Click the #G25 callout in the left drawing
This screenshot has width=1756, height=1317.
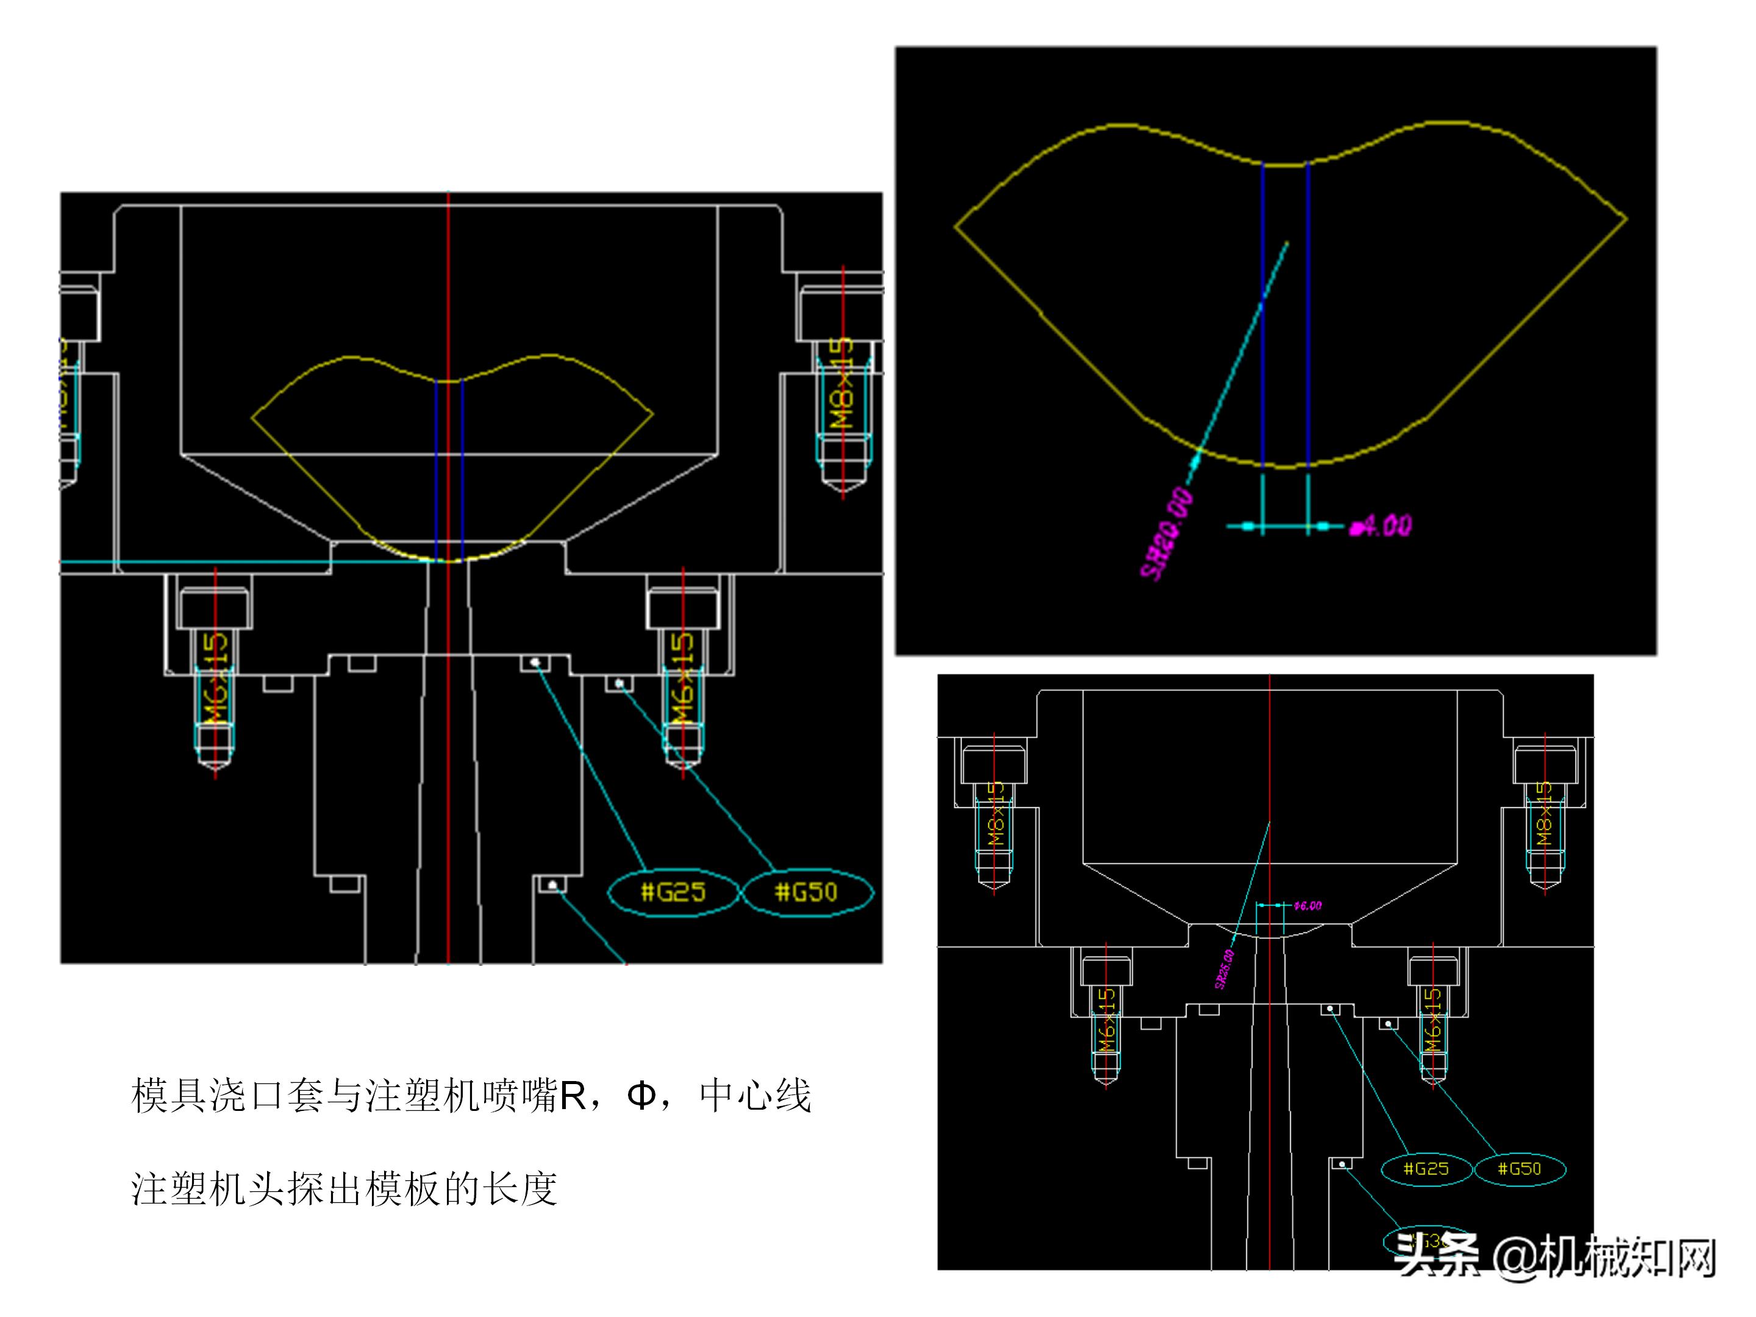(x=673, y=892)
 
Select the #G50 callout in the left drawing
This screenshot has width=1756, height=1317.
(x=806, y=892)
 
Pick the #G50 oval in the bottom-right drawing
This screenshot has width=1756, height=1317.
(x=1519, y=1169)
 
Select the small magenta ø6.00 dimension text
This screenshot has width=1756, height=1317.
(x=1307, y=906)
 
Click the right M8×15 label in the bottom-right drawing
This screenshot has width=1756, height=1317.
(x=1543, y=814)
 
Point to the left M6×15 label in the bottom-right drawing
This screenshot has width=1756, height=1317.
(x=1107, y=1020)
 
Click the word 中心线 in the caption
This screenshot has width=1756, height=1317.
(x=755, y=1096)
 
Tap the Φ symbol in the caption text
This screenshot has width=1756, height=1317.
(x=641, y=1096)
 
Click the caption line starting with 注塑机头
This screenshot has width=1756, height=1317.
(x=344, y=1188)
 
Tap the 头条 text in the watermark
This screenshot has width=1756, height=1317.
(x=1437, y=1257)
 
